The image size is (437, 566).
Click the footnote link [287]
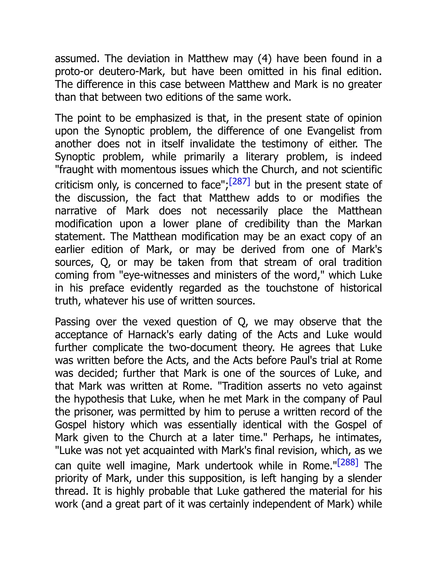pyautogui.click(x=239, y=181)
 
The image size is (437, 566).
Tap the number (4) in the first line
pyautogui.click(x=264, y=59)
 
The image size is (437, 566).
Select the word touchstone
pyautogui.click(x=292, y=288)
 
